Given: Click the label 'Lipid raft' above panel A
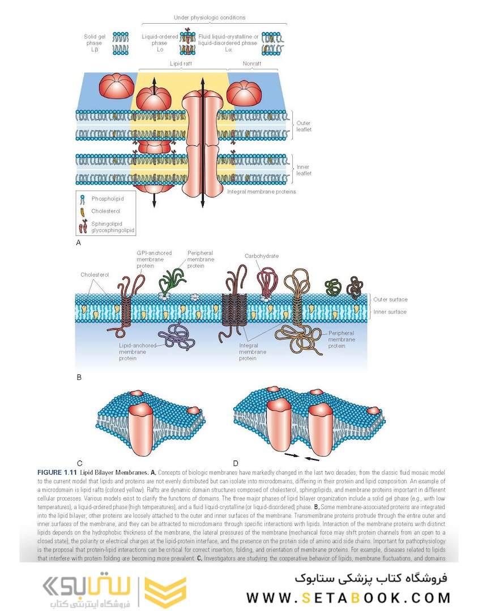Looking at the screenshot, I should [x=181, y=64].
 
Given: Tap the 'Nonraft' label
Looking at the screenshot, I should [x=252, y=64].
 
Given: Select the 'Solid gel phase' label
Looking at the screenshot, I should [x=94, y=43].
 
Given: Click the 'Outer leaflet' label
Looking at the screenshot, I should [x=304, y=126].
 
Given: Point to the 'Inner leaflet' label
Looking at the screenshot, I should [x=304, y=170].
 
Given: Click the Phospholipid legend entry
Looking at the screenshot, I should [x=108, y=199].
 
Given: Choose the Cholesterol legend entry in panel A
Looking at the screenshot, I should [x=106, y=211].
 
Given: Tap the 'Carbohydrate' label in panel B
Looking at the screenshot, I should [x=262, y=256].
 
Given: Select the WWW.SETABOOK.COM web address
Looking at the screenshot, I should [x=349, y=597].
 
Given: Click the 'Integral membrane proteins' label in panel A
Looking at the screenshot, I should [x=262, y=192].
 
